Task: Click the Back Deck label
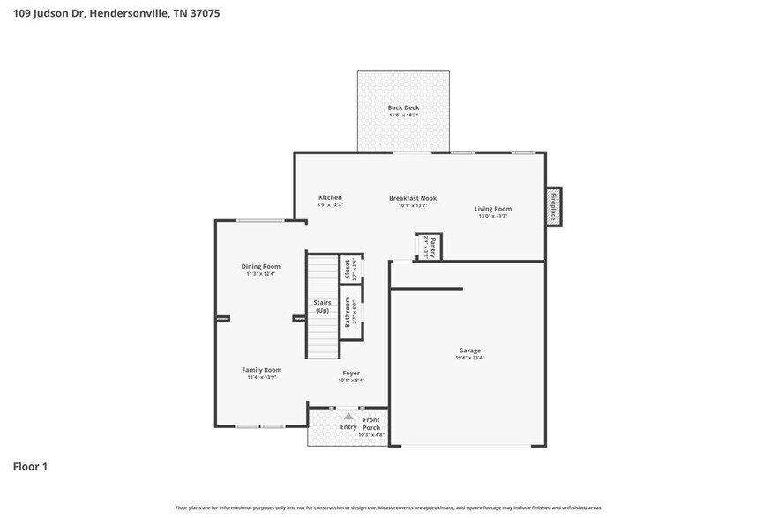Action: coord(402,107)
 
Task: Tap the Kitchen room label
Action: coord(330,197)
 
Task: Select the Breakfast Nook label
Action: coord(413,198)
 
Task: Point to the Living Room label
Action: coord(493,209)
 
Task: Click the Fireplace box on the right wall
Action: coord(553,206)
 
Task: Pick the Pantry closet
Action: coord(429,247)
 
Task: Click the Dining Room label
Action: coord(261,266)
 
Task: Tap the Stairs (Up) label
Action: coord(323,307)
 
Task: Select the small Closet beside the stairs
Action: coord(349,269)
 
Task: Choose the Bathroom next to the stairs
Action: coord(349,312)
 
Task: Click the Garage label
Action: coord(469,350)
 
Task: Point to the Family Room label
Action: coord(261,370)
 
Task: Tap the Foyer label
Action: coord(351,373)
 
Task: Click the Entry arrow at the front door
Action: coord(348,417)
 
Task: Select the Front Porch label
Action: coord(371,424)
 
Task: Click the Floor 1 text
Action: coord(30,466)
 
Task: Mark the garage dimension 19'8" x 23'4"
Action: coord(469,358)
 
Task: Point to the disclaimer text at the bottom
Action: coord(389,508)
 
